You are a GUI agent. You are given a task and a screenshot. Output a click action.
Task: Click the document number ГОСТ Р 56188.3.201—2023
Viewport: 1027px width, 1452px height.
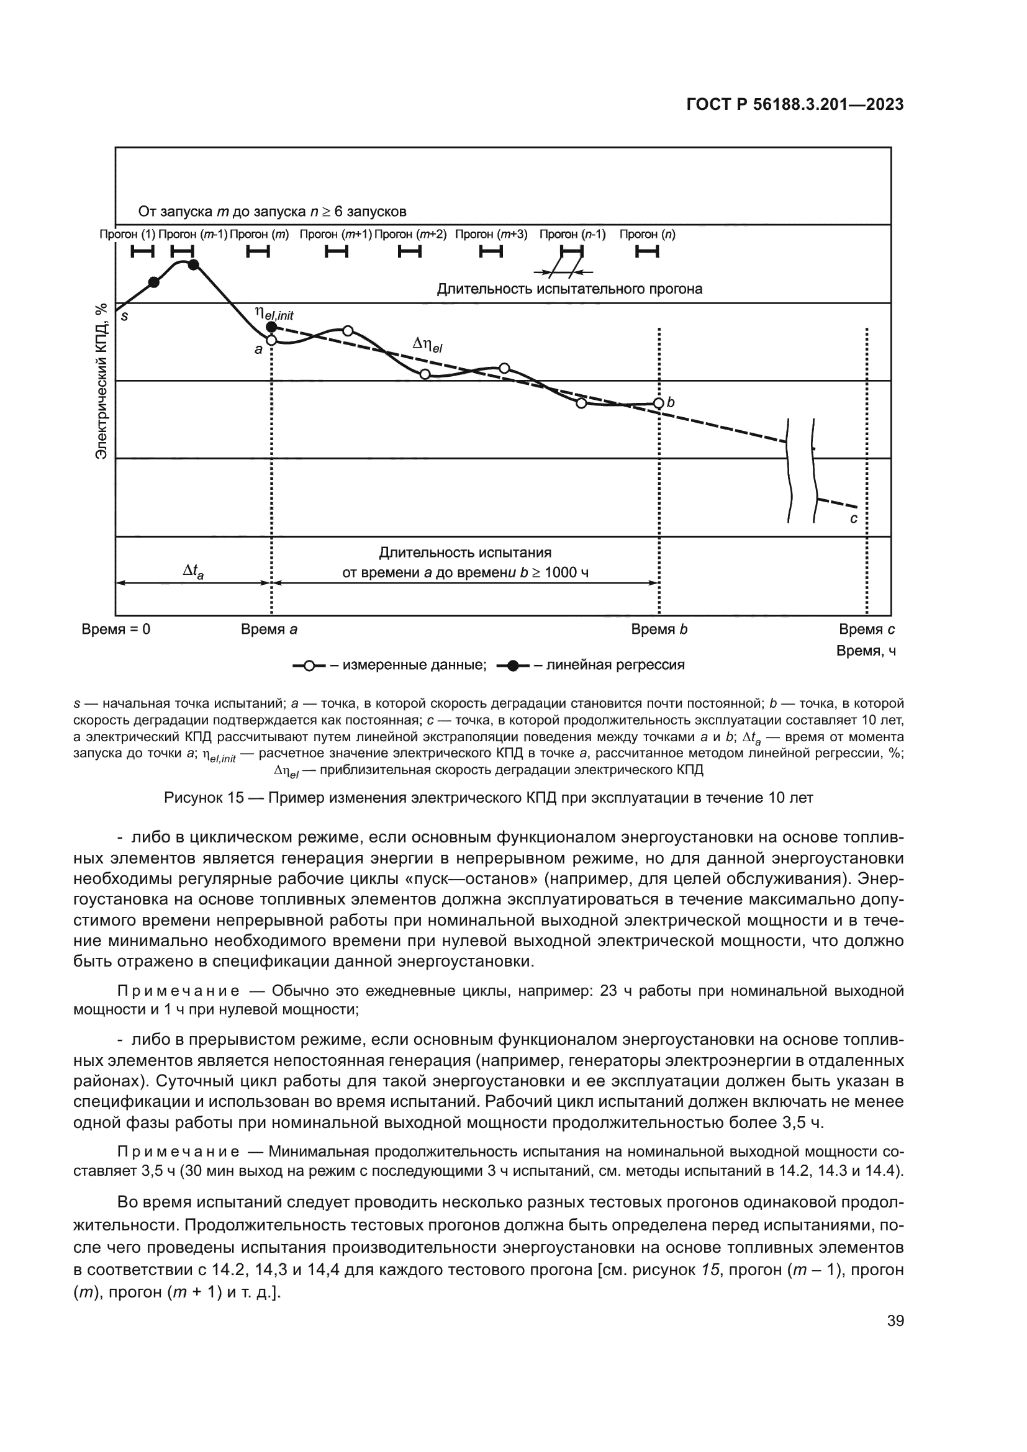click(x=794, y=105)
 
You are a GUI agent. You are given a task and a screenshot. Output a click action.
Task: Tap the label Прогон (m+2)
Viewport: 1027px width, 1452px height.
click(x=410, y=235)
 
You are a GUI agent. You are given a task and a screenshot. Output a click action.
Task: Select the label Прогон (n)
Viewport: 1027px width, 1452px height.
click(x=647, y=235)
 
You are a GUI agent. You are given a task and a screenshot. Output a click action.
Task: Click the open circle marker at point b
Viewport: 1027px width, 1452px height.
click(x=658, y=404)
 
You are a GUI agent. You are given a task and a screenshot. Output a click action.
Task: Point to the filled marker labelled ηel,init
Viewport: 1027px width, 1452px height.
click(x=271, y=327)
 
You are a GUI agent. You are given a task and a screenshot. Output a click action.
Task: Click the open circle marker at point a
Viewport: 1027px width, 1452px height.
click(x=271, y=340)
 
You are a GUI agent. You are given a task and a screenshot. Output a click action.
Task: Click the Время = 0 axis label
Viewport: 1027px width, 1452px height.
click(x=116, y=630)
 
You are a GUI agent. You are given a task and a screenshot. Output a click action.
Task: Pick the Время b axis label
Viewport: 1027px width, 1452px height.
click(x=659, y=630)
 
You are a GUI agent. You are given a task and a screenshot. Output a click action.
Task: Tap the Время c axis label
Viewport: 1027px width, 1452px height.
click(x=866, y=630)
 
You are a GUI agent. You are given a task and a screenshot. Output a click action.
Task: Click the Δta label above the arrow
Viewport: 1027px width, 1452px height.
click(x=193, y=572)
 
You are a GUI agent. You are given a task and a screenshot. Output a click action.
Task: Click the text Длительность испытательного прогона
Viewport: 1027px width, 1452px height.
click(x=569, y=290)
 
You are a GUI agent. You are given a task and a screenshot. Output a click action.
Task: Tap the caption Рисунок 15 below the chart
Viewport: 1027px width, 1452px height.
click(x=488, y=798)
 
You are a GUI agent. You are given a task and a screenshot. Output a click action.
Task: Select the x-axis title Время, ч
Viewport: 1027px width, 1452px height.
click(x=866, y=651)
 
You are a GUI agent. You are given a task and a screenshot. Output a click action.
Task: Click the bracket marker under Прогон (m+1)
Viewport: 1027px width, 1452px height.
click(x=337, y=252)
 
